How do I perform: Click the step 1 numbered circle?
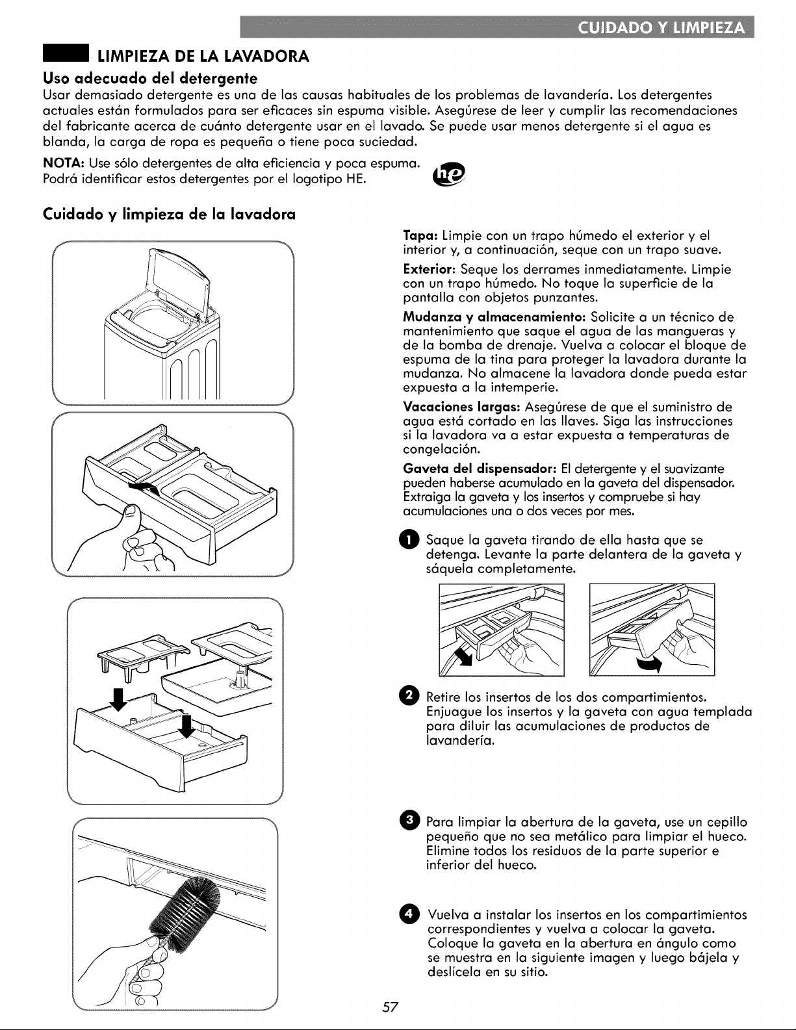pos(409,540)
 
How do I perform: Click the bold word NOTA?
pos(64,164)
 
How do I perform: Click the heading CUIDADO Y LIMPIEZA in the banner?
pos(662,27)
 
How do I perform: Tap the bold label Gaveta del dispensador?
pos(480,469)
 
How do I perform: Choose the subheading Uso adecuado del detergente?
pos(150,78)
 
